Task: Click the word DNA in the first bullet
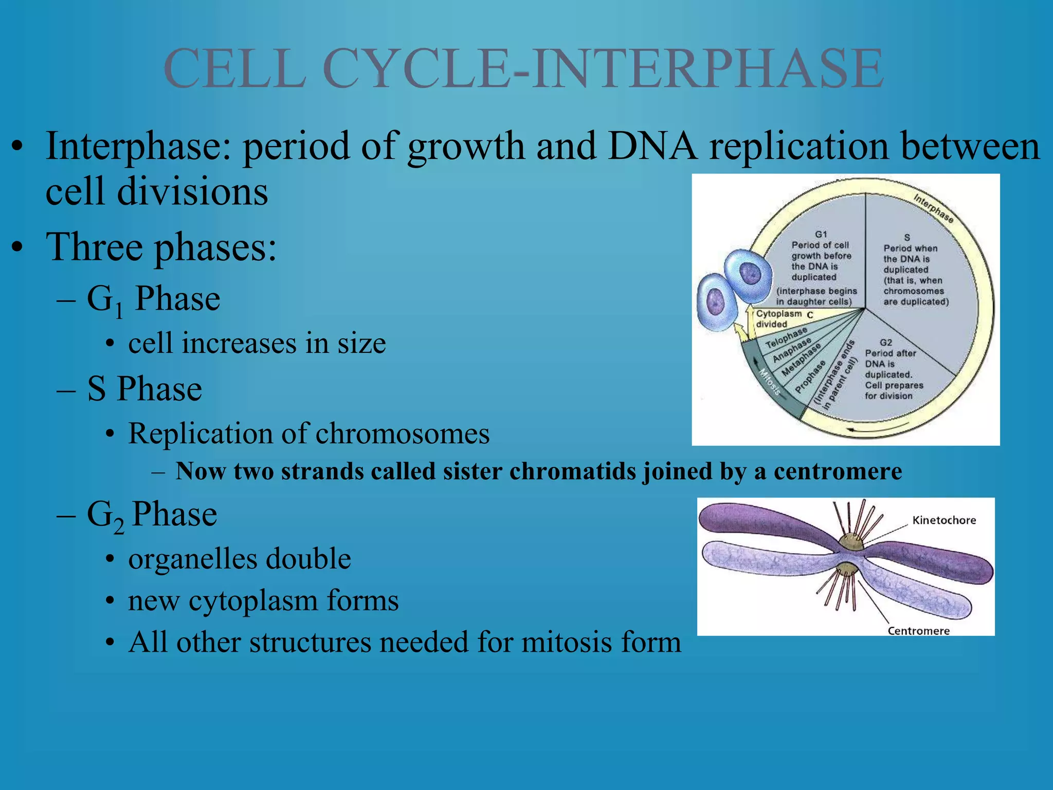click(651, 146)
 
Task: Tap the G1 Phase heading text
click(153, 299)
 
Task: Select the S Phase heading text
click(144, 389)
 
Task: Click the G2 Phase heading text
click(152, 515)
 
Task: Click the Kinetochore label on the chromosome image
click(944, 520)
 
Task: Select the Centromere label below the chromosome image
click(918, 631)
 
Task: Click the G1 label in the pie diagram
click(821, 235)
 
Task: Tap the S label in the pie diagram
click(907, 238)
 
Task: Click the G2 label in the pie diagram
click(885, 342)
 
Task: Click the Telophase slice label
click(786, 337)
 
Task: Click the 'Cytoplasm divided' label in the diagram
click(778, 319)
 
